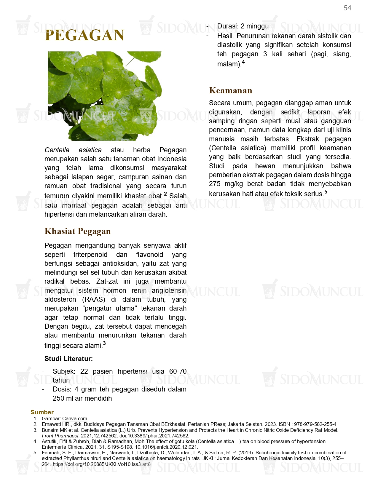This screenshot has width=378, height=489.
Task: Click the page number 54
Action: point(347,8)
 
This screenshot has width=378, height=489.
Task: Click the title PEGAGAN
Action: point(84,35)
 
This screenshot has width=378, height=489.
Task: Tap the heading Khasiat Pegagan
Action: point(78,231)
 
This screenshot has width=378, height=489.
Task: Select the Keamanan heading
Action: point(230,90)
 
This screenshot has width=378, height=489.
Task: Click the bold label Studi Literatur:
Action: point(68,359)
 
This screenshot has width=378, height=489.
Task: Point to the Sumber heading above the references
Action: point(42,412)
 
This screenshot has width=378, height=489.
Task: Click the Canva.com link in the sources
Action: point(75,418)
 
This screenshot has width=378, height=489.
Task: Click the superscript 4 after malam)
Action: point(243,62)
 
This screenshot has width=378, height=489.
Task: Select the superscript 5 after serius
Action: point(326,191)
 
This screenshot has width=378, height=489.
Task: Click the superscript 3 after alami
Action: point(104,343)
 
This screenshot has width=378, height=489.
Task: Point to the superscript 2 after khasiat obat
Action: point(165,194)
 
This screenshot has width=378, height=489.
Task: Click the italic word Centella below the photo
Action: point(57,150)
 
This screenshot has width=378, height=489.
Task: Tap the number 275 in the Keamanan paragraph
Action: point(215,184)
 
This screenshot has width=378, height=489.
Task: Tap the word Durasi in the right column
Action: point(227,26)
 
